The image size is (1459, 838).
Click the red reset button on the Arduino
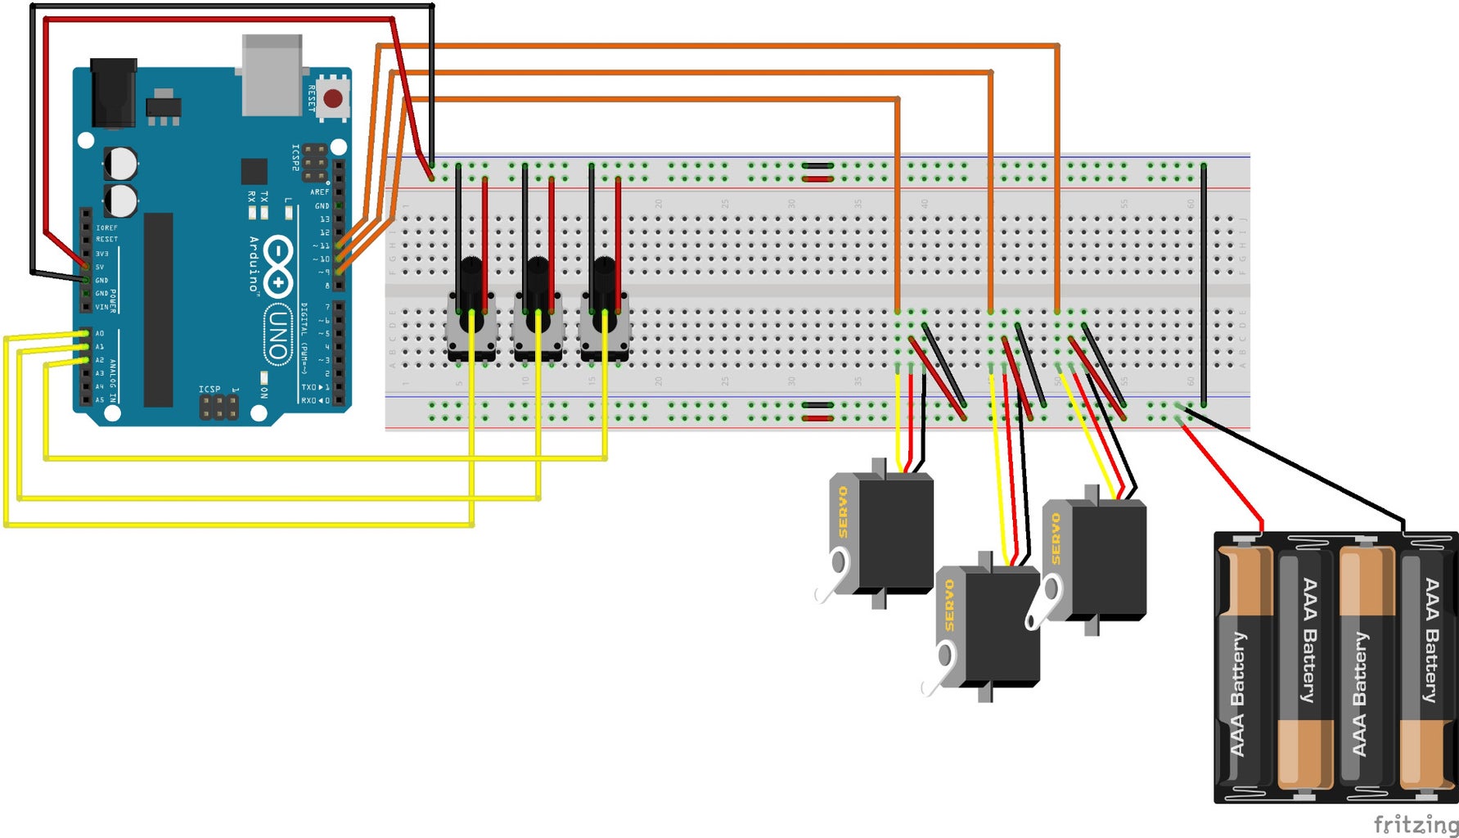pyautogui.click(x=332, y=99)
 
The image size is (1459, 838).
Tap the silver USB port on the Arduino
pyautogui.click(x=272, y=74)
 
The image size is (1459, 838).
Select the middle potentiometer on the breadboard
pyautogui.click(x=538, y=315)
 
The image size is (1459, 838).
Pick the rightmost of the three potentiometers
pyautogui.click(x=604, y=315)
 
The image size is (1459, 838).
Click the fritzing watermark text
pyautogui.click(x=1415, y=823)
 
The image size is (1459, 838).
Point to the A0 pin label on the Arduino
pyautogui.click(x=100, y=334)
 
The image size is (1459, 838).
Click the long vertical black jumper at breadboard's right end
pyautogui.click(x=1203, y=282)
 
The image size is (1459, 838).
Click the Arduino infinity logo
pyautogui.click(x=279, y=266)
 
